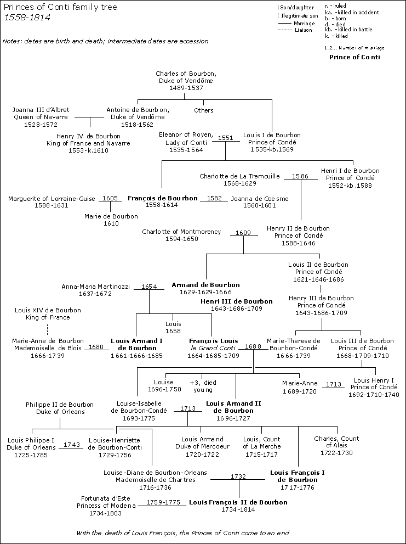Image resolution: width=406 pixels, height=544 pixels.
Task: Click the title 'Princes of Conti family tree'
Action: tap(60, 7)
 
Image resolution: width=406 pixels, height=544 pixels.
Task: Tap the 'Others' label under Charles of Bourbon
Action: tap(204, 110)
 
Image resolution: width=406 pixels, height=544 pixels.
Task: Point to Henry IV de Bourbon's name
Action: tap(88, 136)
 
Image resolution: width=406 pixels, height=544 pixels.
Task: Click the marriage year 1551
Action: tap(226, 138)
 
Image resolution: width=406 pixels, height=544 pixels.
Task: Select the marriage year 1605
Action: tap(110, 198)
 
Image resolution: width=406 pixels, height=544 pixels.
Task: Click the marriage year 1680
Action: tap(96, 347)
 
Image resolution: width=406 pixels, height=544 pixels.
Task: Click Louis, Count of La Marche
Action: tap(262, 442)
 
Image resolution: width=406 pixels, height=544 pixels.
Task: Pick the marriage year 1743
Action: tap(72, 445)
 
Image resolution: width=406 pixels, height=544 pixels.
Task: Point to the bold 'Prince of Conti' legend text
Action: tap(354, 57)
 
